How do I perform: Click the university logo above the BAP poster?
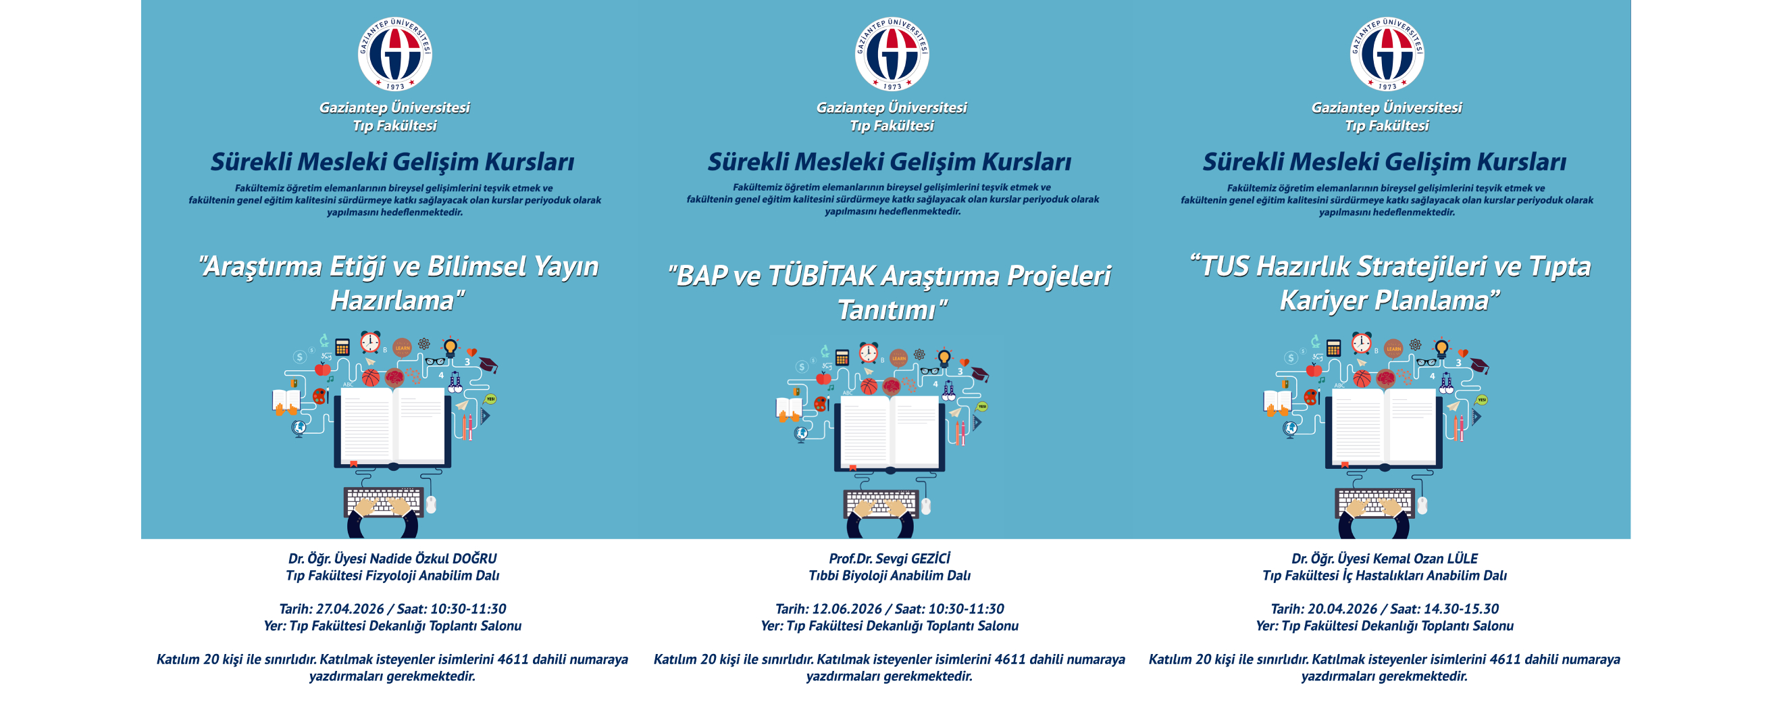click(892, 54)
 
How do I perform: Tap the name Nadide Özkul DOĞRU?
click(433, 559)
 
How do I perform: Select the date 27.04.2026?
click(349, 609)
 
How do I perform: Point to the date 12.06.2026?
click(846, 609)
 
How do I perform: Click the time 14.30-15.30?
click(1461, 609)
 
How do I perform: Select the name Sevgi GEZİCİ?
click(913, 559)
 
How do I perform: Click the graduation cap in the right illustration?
click(1479, 366)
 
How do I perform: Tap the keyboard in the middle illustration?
click(881, 503)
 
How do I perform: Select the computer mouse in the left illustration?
click(431, 505)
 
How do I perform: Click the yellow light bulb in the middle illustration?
click(944, 358)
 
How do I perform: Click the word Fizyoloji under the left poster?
click(390, 576)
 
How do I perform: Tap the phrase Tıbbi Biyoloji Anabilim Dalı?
click(890, 576)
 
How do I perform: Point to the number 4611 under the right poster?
click(1505, 659)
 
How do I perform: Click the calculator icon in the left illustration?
click(342, 347)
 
